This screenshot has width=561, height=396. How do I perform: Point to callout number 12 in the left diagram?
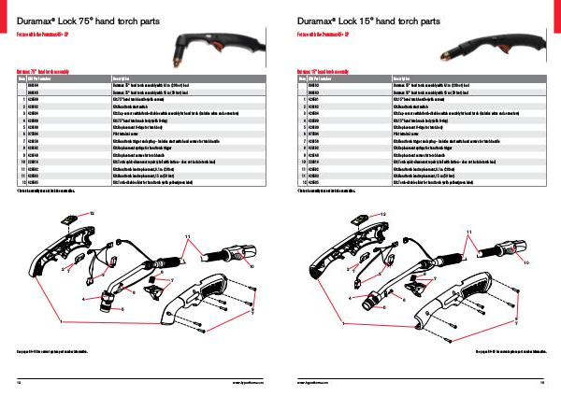click(92, 214)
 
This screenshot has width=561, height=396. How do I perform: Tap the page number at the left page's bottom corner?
click(20, 382)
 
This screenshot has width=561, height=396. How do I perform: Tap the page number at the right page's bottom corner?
click(541, 382)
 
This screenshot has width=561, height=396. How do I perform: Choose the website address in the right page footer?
click(314, 382)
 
